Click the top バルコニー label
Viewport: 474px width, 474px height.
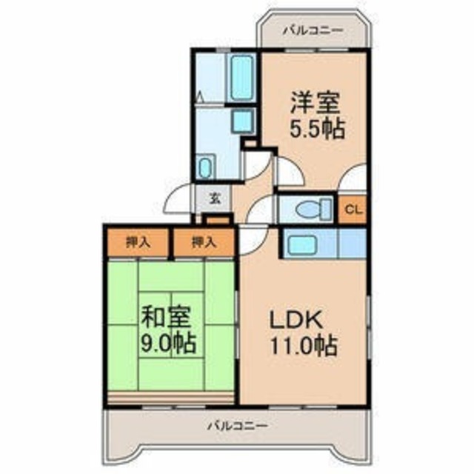[313, 30]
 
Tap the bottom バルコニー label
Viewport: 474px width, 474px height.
[237, 427]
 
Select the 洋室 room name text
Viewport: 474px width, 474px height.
[316, 103]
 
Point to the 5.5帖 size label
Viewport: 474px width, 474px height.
[318, 128]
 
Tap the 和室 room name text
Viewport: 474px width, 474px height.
[167, 318]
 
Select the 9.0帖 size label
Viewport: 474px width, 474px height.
[169, 343]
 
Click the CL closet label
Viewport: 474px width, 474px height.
[353, 210]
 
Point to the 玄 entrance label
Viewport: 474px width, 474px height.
[215, 198]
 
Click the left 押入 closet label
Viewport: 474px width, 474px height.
[138, 242]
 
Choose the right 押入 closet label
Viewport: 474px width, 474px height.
[204, 242]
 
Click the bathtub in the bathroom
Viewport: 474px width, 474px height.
[241, 78]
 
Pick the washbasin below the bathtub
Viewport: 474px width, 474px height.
[244, 121]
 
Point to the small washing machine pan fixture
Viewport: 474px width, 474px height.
[206, 167]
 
